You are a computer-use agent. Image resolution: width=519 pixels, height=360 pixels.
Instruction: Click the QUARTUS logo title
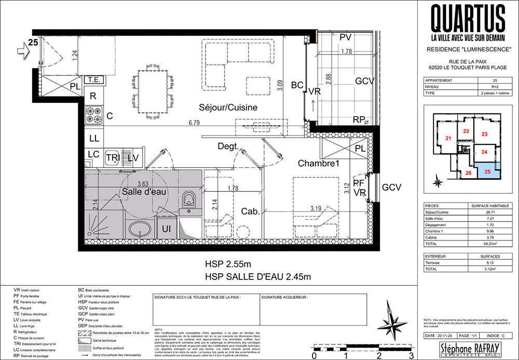point(469,19)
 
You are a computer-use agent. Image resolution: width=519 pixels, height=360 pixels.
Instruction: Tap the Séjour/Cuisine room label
point(228,107)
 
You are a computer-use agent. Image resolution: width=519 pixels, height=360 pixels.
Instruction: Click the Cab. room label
point(250,211)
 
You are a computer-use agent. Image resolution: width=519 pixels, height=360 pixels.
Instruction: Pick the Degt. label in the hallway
point(228,146)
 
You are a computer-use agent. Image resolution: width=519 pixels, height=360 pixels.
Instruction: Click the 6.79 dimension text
point(195,123)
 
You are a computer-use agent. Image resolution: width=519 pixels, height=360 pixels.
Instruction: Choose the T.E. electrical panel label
point(93,80)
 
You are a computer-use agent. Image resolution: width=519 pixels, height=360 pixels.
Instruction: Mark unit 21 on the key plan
point(447,138)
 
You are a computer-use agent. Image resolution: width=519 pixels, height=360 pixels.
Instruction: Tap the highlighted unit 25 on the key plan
point(487,170)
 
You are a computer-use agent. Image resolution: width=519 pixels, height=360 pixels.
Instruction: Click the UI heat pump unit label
point(167,229)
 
